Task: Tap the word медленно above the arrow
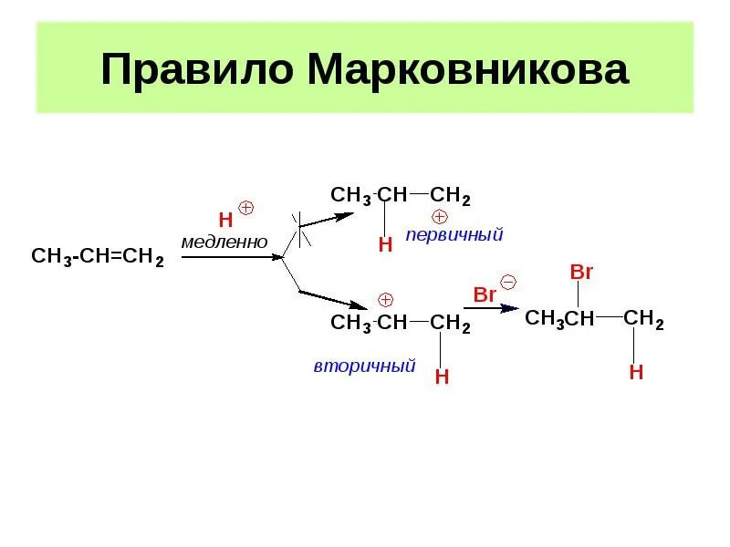tap(224, 242)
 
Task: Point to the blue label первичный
tap(454, 235)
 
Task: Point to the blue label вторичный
tap(364, 366)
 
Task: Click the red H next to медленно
tap(225, 220)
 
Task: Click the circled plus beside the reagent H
tap(245, 208)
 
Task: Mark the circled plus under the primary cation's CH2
tap(439, 216)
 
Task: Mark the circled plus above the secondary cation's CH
tap(385, 300)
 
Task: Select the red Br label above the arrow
tap(485, 294)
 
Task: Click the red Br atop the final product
tap(581, 272)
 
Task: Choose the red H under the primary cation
tap(385, 244)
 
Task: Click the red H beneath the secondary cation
tap(442, 377)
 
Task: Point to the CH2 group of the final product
tap(643, 319)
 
